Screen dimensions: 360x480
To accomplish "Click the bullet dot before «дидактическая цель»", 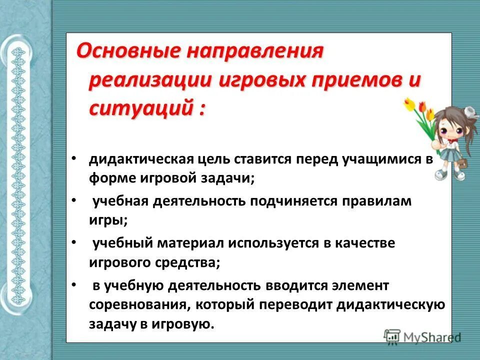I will click(73, 158).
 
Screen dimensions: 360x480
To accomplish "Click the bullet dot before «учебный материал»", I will click(73, 242).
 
